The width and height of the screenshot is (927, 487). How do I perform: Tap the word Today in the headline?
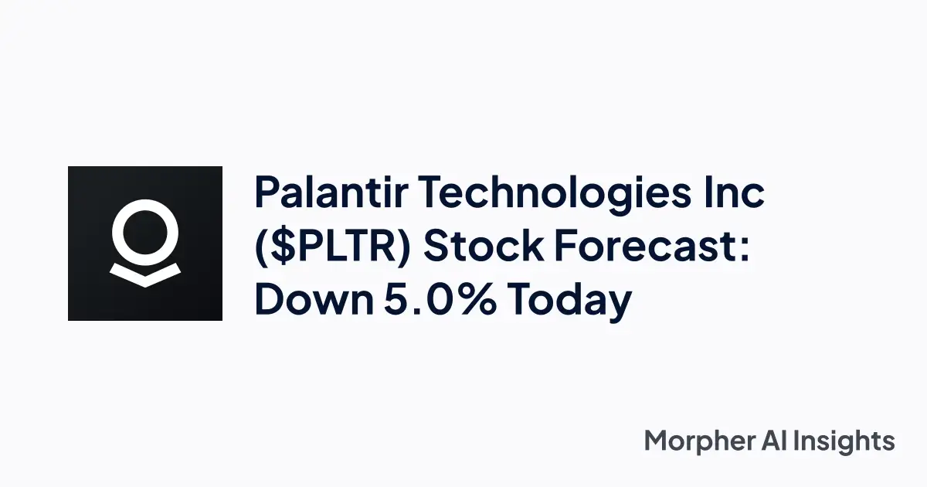point(576,301)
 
